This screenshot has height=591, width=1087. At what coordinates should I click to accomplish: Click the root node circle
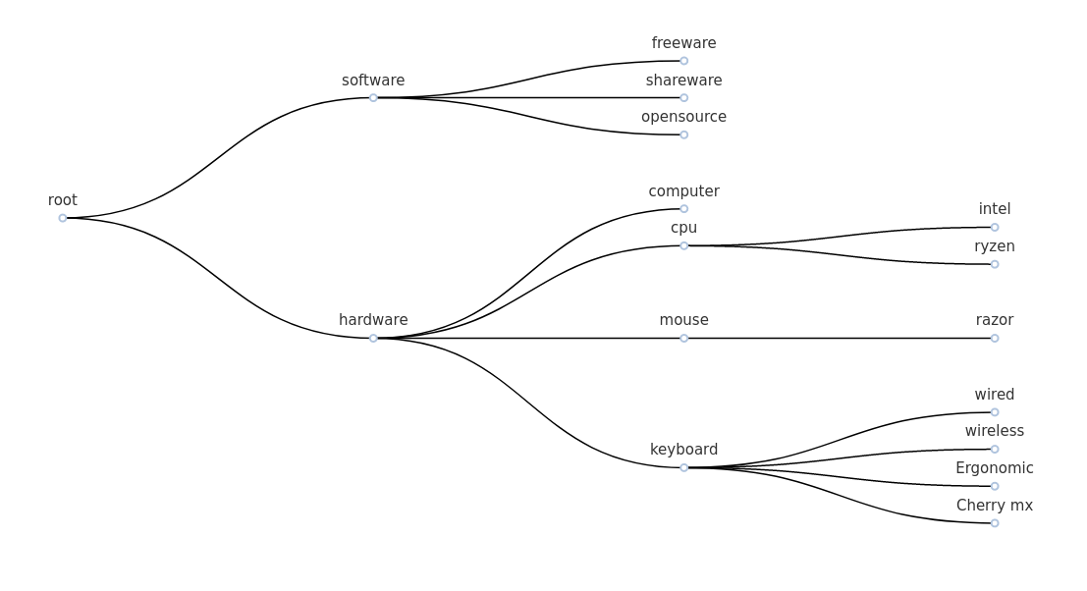[x=63, y=218]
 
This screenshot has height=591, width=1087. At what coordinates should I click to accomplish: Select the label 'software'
[x=373, y=81]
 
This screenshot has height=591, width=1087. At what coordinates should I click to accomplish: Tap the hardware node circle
[x=373, y=339]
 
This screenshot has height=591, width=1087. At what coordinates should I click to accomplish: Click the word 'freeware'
[x=683, y=43]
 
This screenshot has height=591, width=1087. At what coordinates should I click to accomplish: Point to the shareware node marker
[x=684, y=98]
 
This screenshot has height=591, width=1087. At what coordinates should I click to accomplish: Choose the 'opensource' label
[x=683, y=117]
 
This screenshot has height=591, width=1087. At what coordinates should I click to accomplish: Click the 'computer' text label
[x=683, y=191]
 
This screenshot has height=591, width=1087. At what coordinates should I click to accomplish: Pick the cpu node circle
[x=684, y=246]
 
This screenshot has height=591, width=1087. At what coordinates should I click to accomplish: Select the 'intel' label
[x=994, y=209]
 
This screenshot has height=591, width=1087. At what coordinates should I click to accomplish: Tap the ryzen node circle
[x=995, y=264]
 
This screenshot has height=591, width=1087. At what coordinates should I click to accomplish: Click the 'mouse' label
[x=683, y=320]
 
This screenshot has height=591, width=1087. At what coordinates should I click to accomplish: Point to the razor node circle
[x=995, y=339]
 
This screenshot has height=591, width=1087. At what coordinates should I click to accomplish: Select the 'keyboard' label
[x=683, y=450]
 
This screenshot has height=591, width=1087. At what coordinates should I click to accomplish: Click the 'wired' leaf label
[x=994, y=395]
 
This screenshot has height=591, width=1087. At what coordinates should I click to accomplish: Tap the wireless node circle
[x=995, y=450]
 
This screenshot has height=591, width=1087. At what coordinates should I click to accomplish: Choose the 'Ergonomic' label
[x=994, y=468]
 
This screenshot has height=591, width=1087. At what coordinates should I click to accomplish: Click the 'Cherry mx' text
[x=994, y=506]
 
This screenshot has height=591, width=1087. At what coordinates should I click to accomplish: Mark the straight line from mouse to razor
[x=840, y=339]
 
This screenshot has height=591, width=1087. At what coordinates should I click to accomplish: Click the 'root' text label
[x=63, y=200]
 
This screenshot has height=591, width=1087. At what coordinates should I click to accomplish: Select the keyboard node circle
[x=684, y=468]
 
